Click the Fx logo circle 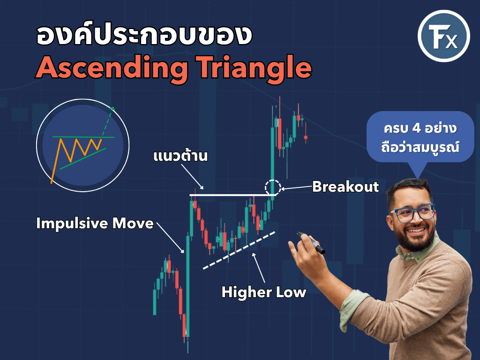[x=443, y=36]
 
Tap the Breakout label [x=345, y=187]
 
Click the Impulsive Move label [x=95, y=223]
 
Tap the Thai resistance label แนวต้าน [x=180, y=156]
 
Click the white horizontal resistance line [x=232, y=195]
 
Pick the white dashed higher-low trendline [x=239, y=250]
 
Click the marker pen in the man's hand [x=311, y=243]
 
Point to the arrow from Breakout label [x=296, y=187]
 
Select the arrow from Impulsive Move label [x=171, y=238]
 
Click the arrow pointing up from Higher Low [x=259, y=268]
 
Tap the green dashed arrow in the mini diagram [x=107, y=122]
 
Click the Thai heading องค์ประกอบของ [x=144, y=36]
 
